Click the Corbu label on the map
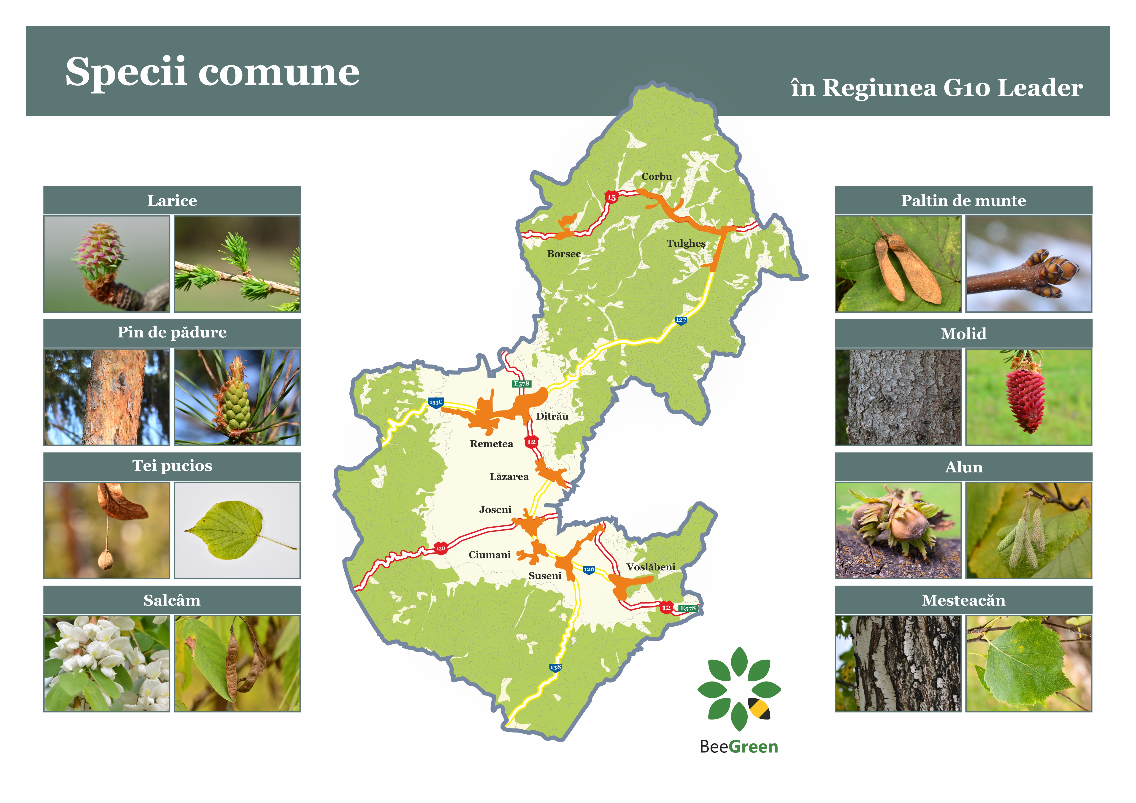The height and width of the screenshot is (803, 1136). coord(657,177)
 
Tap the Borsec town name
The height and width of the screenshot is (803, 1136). coord(564,254)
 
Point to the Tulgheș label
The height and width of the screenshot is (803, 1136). coord(686,243)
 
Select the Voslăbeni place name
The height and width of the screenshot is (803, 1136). coord(651,567)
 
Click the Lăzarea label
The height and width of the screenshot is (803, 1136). coord(509,477)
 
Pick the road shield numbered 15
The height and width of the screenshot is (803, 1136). coord(611,197)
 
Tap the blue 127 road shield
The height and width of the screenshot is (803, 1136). coord(681,320)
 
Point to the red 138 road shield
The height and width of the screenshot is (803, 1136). coord(440,548)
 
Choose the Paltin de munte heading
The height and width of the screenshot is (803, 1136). coord(963,200)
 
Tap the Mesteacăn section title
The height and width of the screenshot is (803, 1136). coord(963,600)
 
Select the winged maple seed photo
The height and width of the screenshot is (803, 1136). coord(898,264)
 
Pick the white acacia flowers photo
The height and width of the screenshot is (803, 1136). coord(107,663)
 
